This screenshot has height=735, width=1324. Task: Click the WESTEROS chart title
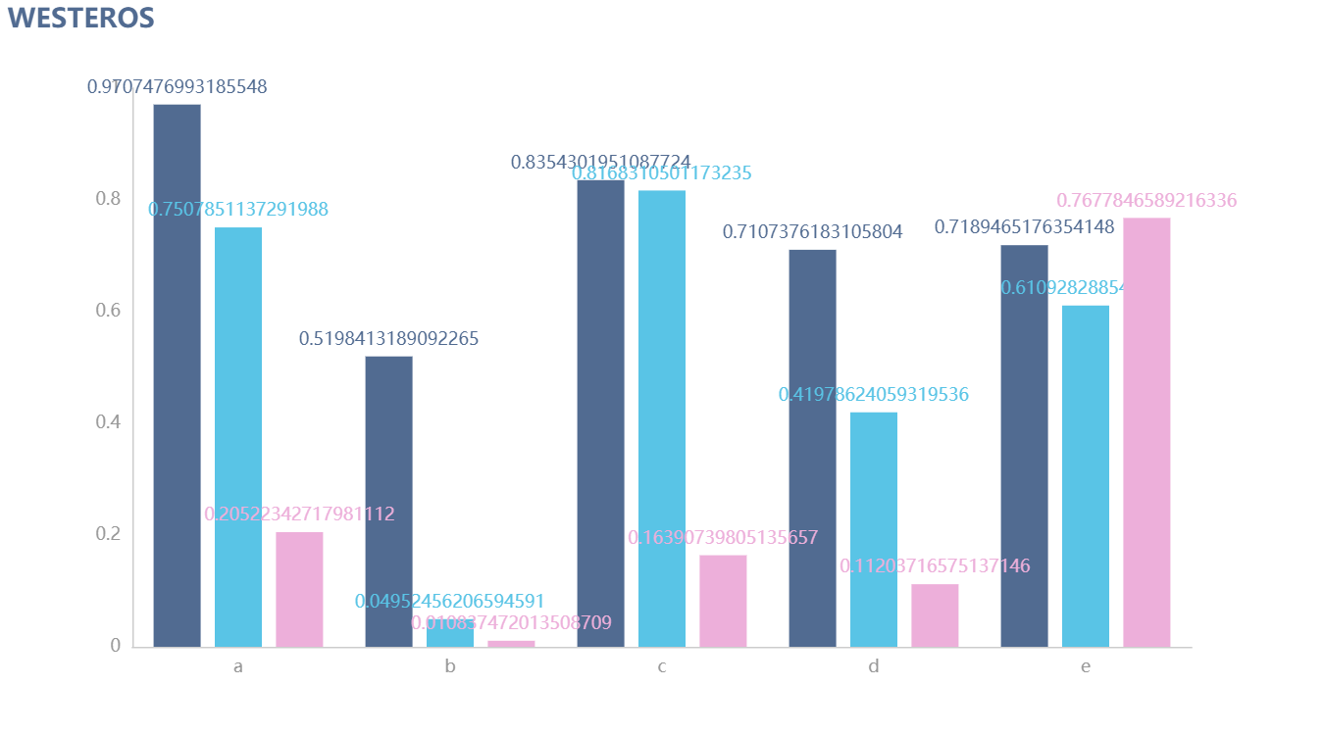[81, 18]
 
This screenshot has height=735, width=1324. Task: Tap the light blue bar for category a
[238, 437]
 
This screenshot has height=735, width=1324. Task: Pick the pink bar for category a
[299, 589]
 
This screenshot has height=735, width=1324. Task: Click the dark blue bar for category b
[388, 501]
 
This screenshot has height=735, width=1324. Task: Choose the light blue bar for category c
[662, 418]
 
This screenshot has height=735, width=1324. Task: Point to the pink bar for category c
[723, 601]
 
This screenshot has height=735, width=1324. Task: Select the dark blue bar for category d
[812, 448]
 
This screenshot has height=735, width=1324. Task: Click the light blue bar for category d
[873, 529]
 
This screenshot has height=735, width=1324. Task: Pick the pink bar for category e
[1146, 432]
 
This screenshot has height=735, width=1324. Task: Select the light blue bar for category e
[1086, 475]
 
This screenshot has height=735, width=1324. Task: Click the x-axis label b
[450, 667]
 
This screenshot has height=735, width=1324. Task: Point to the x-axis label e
[1086, 667]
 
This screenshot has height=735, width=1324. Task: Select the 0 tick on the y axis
[116, 646]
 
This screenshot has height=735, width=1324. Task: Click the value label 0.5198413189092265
[388, 339]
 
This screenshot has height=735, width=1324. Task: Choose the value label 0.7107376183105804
[812, 232]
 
